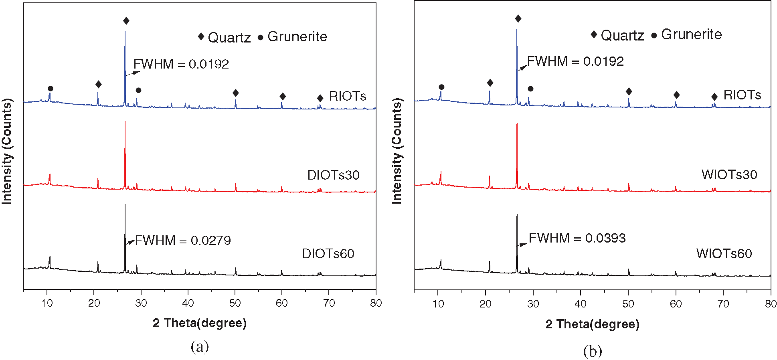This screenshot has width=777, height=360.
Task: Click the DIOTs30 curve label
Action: pos(333,175)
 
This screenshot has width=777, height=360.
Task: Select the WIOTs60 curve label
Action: pos(724,254)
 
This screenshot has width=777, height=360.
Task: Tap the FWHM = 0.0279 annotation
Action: pos(183,241)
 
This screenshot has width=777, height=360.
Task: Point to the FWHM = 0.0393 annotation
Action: pos(577,238)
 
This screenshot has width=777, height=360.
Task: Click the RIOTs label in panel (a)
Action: pos(347,96)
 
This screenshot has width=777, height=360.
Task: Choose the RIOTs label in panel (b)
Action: pos(742,95)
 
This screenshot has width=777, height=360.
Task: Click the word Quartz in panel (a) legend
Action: pos(229,37)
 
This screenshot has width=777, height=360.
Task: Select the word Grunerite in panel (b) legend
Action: pos(691,34)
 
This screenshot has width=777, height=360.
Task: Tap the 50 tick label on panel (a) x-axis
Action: pos(235,303)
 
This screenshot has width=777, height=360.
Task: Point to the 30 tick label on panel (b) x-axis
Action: pos(533,304)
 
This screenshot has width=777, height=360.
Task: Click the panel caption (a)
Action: pos(200,346)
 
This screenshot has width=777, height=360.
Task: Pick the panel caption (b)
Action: pos(593,352)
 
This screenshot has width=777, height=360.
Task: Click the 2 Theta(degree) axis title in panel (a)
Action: pos(199,323)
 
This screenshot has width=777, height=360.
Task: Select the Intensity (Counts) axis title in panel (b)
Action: pos(397,151)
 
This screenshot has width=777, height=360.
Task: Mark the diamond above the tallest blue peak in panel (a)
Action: pos(126,21)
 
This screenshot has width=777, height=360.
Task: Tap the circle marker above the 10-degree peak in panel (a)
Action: pos(51,89)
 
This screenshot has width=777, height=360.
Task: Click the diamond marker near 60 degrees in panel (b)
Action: pos(676,95)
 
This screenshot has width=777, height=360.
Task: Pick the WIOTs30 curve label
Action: pos(729,175)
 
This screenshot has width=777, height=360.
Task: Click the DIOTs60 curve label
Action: pos(328,254)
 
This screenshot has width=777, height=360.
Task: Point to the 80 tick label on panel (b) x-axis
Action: pos(770,304)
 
